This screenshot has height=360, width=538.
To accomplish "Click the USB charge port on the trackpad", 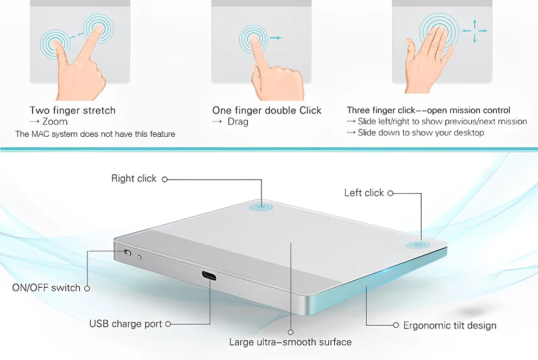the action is (209, 276).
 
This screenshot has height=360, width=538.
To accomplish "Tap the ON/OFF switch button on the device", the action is (128, 252).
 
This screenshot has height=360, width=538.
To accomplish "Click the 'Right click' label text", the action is (134, 179).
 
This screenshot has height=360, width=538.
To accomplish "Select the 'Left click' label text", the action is (364, 193).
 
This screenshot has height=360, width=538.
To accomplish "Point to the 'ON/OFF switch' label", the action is (46, 288).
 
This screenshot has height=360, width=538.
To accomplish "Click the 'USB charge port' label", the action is (126, 324).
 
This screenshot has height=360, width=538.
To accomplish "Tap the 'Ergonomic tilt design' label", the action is (450, 325).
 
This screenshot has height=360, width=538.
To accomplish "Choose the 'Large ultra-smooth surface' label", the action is (290, 342).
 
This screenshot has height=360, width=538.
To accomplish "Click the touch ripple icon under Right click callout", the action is (261, 207).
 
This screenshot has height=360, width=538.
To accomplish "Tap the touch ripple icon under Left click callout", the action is (417, 245).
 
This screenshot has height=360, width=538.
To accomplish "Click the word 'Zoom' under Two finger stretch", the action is (55, 122).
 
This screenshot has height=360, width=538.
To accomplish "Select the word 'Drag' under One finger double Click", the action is (238, 122).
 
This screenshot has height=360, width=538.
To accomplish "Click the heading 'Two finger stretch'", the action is (72, 110).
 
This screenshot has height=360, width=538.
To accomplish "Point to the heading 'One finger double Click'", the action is (267, 110).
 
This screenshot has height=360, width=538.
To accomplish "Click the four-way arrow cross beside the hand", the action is (474, 31).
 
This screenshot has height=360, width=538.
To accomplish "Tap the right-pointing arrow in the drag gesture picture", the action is (276, 38).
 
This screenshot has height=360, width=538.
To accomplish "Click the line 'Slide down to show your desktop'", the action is (421, 132).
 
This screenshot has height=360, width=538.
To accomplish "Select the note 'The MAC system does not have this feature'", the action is (96, 134).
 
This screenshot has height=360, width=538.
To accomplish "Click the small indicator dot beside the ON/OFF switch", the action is (139, 257).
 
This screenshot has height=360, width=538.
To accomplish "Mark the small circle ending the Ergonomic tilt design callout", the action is (396, 325).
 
